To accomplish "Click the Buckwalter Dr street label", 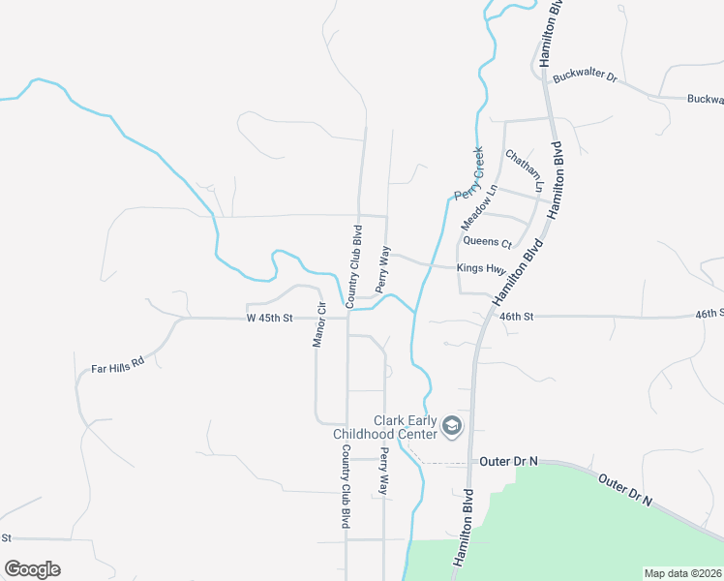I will coord(585,76).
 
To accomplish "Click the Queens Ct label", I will coord(487,242).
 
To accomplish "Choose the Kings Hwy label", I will coord(482,268).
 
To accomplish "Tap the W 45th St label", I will coord(269,318).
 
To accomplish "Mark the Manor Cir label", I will coord(318,324).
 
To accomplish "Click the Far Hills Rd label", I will coord(117,367).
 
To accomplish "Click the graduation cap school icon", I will coord(451,425).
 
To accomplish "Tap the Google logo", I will coord(32,569).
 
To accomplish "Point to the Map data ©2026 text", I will coord(682,573).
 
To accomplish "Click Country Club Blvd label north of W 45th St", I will coord(357,260).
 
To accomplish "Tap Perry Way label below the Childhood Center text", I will coord(384,472).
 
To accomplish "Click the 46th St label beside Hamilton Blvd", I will coord(517,316).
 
